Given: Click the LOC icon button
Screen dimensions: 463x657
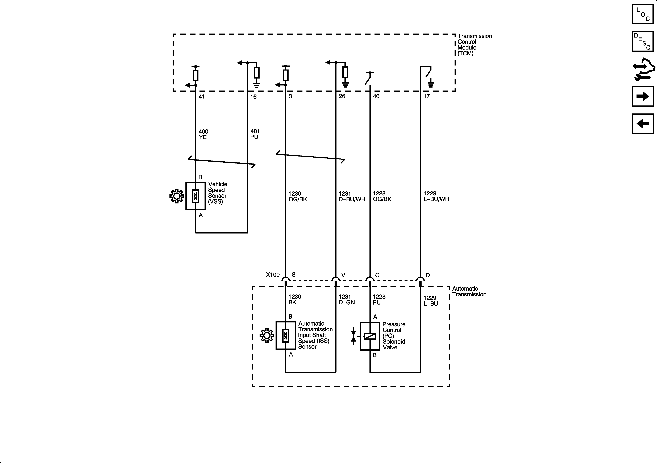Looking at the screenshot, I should coord(643,14).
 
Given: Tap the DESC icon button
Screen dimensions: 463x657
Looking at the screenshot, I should coord(643,42).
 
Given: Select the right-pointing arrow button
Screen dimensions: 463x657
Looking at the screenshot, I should coord(643,96).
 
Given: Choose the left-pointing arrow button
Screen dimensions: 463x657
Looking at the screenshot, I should coord(643,124).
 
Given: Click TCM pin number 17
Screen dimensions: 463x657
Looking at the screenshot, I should coord(427,96).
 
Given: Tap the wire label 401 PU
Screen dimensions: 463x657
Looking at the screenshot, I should coord(255,134).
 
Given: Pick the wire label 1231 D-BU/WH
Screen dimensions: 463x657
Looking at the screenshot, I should coord(352,196).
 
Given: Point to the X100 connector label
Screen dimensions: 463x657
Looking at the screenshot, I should coord(273,275).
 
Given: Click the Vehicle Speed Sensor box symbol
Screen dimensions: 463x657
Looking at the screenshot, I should coord(196,196).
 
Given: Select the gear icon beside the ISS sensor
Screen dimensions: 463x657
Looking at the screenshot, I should coord(267,336).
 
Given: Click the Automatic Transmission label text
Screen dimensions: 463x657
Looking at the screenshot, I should coord(469,292).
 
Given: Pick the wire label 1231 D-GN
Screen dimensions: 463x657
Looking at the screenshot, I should coord(347,300).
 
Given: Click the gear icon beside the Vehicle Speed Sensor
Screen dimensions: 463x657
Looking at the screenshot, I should coord(177,196).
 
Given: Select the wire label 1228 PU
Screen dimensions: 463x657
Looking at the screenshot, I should coord(379,300).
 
